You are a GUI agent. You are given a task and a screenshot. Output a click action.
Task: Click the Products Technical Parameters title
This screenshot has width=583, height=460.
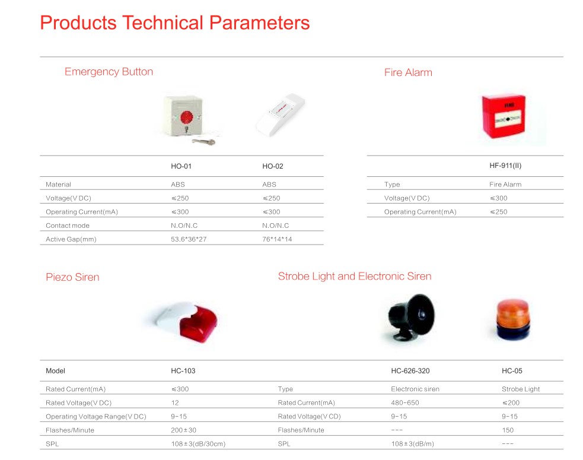pos(175,23)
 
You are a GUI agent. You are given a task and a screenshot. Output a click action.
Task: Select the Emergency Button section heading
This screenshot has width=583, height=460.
pos(109,72)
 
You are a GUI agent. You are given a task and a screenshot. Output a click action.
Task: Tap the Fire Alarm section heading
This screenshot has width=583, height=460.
pos(408,72)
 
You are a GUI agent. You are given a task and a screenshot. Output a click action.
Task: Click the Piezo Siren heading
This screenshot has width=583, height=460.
pos(72,277)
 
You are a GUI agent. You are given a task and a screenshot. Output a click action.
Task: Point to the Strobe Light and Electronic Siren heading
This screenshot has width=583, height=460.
pos(355,276)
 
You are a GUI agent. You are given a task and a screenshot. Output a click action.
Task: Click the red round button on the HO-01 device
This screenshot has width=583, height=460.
pos(187,118)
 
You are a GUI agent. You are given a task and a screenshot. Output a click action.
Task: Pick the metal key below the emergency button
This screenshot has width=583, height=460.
pos(203,141)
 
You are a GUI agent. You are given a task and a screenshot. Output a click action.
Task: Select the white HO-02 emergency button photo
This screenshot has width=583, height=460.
pos(281,115)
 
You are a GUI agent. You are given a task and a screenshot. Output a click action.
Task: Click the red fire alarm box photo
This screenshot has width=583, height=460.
pos(504,116)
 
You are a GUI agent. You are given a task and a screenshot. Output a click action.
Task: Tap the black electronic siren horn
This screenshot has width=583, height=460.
pos(410,317)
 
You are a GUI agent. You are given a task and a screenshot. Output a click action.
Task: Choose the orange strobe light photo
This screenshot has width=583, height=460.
pos(513,319)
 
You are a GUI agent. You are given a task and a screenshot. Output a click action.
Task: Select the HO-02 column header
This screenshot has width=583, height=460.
pos(273,166)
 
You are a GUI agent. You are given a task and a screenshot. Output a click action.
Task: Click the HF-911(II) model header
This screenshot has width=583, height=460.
pos(505,166)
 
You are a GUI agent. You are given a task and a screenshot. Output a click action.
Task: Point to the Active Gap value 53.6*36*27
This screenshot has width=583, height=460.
pos(189,239)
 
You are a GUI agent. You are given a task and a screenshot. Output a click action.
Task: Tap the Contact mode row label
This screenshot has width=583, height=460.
pos(67,226)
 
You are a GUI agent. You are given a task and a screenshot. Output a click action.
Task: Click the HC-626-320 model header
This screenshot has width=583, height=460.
pos(410,371)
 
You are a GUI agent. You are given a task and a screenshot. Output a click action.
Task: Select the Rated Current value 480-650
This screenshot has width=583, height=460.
pos(405,402)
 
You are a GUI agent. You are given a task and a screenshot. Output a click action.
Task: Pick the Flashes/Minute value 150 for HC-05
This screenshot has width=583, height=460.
pos(508,430)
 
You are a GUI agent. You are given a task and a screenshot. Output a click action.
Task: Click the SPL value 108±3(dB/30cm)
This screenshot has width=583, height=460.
pos(198,443)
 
